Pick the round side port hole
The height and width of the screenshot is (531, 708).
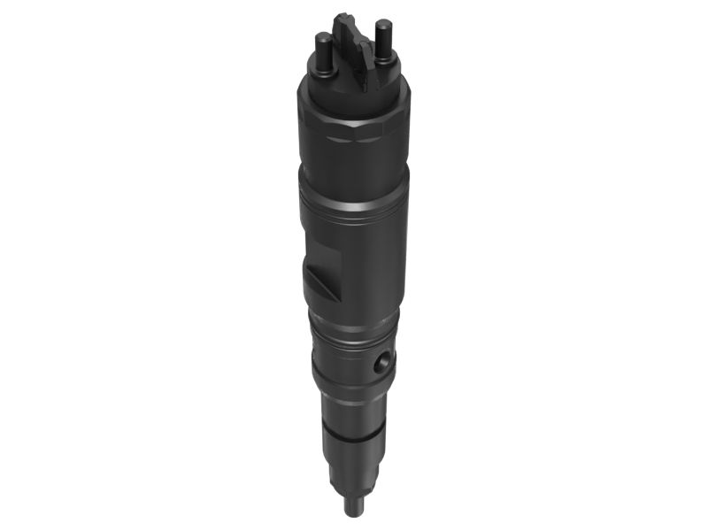pos(381,363)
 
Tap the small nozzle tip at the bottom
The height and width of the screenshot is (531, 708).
pos(354,508)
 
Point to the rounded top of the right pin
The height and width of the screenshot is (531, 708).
pos(382,24)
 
